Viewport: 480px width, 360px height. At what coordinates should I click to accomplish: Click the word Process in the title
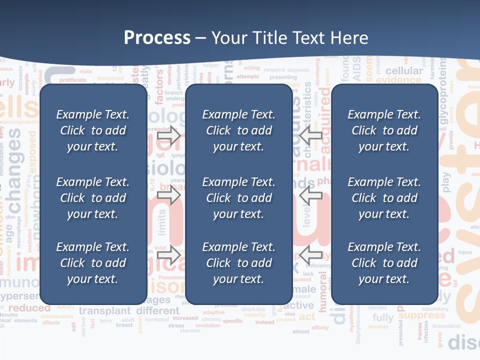pyautogui.click(x=157, y=38)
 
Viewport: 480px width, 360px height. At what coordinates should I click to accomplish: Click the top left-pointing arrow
pyautogui.click(x=311, y=135)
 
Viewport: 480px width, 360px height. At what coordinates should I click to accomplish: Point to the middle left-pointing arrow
pyautogui.click(x=311, y=194)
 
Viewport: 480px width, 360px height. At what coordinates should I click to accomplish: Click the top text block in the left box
pyautogui.click(x=93, y=130)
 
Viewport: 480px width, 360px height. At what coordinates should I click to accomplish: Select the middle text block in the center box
pyautogui.click(x=238, y=198)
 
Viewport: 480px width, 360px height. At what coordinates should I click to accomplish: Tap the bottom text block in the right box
pyautogui.click(x=384, y=263)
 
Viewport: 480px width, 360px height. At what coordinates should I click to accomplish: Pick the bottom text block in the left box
pyautogui.click(x=93, y=263)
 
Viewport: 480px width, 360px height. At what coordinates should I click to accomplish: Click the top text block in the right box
pyautogui.click(x=384, y=130)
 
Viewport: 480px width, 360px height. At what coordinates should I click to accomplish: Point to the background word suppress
pyautogui.click(x=421, y=315)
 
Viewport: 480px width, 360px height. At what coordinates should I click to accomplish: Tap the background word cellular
pyautogui.click(x=404, y=71)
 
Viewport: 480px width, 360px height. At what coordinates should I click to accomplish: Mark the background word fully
pyautogui.click(x=383, y=318)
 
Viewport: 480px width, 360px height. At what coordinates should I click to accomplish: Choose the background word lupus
pyautogui.click(x=465, y=252)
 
